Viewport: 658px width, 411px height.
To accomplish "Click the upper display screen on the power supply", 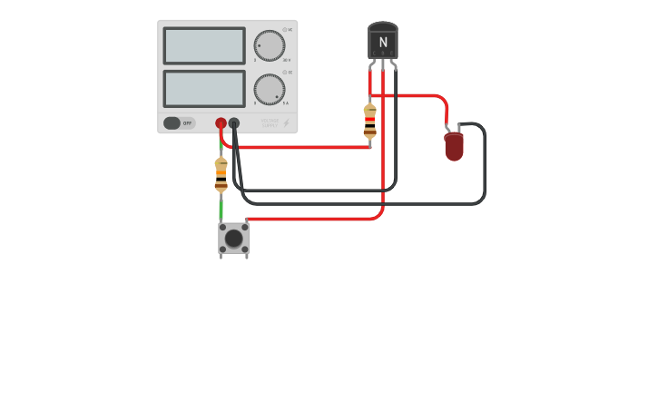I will (x=203, y=45).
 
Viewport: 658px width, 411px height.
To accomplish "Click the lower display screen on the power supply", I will (x=203, y=89).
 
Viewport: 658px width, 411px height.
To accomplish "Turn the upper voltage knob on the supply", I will (x=269, y=45).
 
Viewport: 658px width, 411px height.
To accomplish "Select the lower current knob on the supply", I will (x=269, y=89).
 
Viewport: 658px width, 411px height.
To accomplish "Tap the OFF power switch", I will (x=179, y=122).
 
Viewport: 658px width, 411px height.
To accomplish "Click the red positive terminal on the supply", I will (x=221, y=122).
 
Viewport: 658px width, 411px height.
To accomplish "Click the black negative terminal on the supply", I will (x=234, y=122).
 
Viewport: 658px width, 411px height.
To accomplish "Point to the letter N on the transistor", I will (x=383, y=43).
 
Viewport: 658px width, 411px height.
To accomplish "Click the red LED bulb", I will (x=454, y=146).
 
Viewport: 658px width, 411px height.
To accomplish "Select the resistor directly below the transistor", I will (x=369, y=122).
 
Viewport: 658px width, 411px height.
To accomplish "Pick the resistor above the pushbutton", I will (x=221, y=174).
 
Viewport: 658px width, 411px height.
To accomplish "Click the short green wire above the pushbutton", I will (x=221, y=208).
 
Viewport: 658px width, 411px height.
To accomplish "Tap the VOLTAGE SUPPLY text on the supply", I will (x=270, y=122).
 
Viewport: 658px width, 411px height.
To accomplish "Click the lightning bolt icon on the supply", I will (x=287, y=122).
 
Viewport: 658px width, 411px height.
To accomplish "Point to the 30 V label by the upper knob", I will (x=287, y=60).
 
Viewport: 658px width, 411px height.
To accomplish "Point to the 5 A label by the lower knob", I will (x=286, y=103).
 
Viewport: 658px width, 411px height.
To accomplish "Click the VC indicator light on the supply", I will (x=284, y=30).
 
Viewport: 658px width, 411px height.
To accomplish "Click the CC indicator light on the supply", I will (x=284, y=73).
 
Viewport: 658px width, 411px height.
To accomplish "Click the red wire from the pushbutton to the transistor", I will (x=318, y=219).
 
